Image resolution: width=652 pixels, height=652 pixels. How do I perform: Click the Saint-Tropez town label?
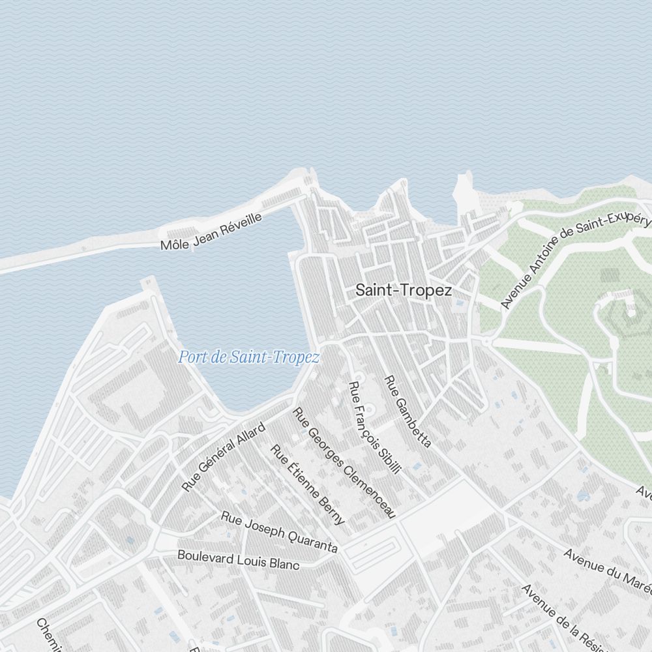coord(403,291)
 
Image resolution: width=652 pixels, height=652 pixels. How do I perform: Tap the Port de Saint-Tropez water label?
coord(249,357)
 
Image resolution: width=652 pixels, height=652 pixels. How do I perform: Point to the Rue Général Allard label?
coord(224,457)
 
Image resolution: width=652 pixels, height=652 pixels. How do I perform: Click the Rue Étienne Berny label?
coord(307,484)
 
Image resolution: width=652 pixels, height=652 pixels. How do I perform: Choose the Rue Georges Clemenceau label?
coord(344,463)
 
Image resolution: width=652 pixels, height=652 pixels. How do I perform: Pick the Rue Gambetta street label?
coord(407,411)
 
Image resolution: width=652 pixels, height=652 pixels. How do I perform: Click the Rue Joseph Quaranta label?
coord(279,532)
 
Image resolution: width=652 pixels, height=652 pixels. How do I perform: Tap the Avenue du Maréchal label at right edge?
coord(608,572)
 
